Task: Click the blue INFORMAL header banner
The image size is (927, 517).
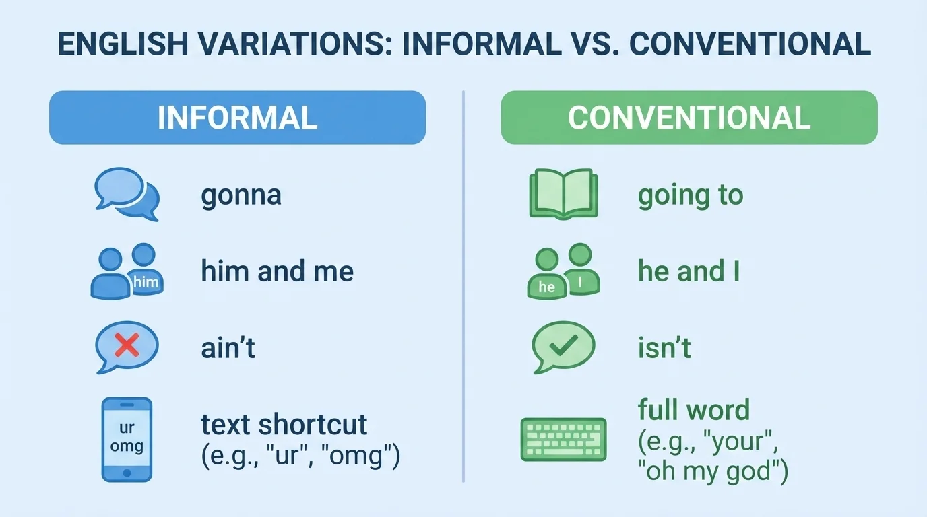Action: pos(237,118)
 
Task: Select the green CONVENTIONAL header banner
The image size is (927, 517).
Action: pos(689,118)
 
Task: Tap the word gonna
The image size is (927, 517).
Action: pos(241,196)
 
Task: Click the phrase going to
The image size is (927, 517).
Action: pos(690,196)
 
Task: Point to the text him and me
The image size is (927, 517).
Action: pos(277,271)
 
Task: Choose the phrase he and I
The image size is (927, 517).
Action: pos(689,271)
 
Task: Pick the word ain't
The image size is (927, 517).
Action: pos(228,348)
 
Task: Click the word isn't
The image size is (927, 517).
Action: pos(664,348)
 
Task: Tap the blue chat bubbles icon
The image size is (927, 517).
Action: pos(127,194)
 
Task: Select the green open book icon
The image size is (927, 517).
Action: pos(563,193)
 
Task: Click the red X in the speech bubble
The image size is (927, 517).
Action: pos(127,347)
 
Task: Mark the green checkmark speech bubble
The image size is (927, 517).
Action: pos(563,346)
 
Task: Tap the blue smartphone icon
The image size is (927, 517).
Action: pos(127,439)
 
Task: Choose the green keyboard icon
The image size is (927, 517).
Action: pos(563,440)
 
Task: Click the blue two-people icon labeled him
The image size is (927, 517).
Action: pos(127,271)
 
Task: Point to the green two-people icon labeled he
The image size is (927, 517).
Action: pos(563,271)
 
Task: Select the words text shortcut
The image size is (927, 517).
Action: pos(284,425)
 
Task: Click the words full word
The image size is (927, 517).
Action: pos(693,410)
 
